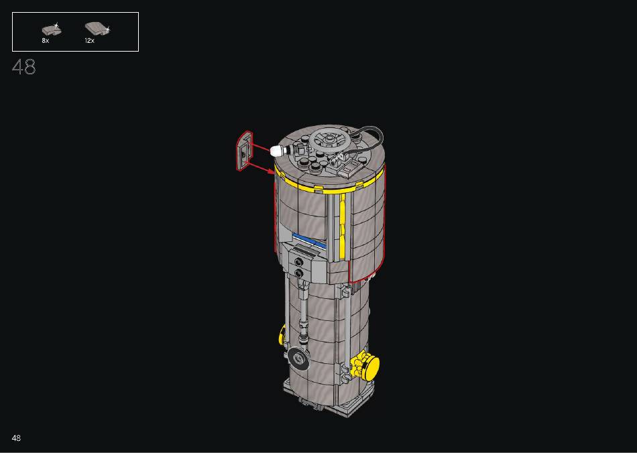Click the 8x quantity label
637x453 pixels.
[x=45, y=41]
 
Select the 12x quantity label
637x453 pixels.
[x=89, y=41]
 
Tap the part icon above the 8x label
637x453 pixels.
[x=52, y=29]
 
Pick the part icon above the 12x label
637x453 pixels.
[x=97, y=28]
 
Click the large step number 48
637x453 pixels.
[x=24, y=67]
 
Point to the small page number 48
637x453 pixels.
[x=16, y=438]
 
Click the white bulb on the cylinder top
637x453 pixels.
[x=277, y=151]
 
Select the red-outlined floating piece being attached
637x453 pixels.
[x=244, y=151]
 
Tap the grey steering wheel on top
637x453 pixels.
[x=329, y=140]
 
